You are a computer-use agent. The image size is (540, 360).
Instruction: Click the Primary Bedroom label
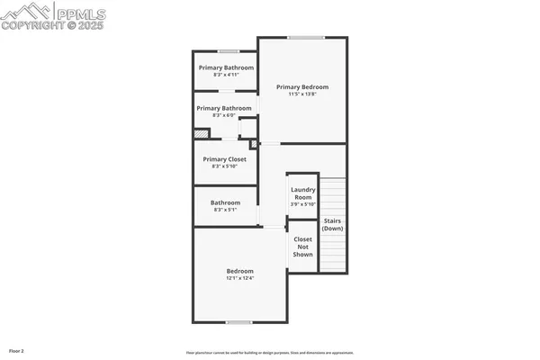(302, 86)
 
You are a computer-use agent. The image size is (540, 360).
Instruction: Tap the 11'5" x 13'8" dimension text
(302, 94)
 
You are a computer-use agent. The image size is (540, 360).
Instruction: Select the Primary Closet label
(224, 158)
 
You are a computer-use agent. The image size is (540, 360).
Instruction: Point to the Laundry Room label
(302, 193)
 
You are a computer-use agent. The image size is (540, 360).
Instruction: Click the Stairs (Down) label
(333, 224)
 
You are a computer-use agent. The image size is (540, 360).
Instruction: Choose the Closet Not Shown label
(303, 247)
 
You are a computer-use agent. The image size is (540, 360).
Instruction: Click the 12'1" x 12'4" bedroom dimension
(239, 278)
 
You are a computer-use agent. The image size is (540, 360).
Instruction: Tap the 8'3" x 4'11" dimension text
(226, 75)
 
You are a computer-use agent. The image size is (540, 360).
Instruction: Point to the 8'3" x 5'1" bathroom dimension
(225, 210)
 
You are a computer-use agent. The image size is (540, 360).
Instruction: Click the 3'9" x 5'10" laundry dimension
(302, 204)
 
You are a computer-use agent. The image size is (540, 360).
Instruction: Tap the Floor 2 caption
(16, 349)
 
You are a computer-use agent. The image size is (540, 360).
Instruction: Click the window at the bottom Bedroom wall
(238, 321)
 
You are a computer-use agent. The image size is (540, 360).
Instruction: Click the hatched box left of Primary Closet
(202, 133)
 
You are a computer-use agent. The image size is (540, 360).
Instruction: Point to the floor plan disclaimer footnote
(269, 353)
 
